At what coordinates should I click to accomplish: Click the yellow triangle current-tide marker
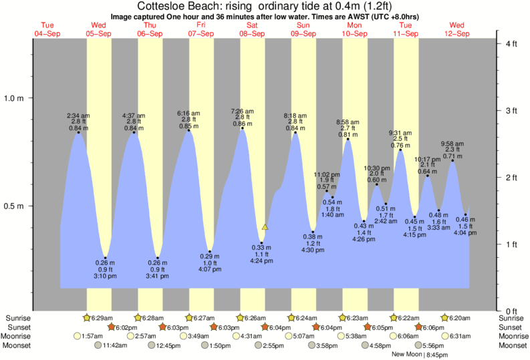point(265,227)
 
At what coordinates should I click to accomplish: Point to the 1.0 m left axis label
point(14,98)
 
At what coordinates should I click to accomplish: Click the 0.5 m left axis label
point(14,206)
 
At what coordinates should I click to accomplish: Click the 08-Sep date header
point(253,33)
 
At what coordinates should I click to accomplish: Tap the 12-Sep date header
point(456,33)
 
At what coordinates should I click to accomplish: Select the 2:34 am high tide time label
point(78,116)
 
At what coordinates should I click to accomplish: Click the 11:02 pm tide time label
point(327,174)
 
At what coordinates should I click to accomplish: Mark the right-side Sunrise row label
point(512,318)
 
